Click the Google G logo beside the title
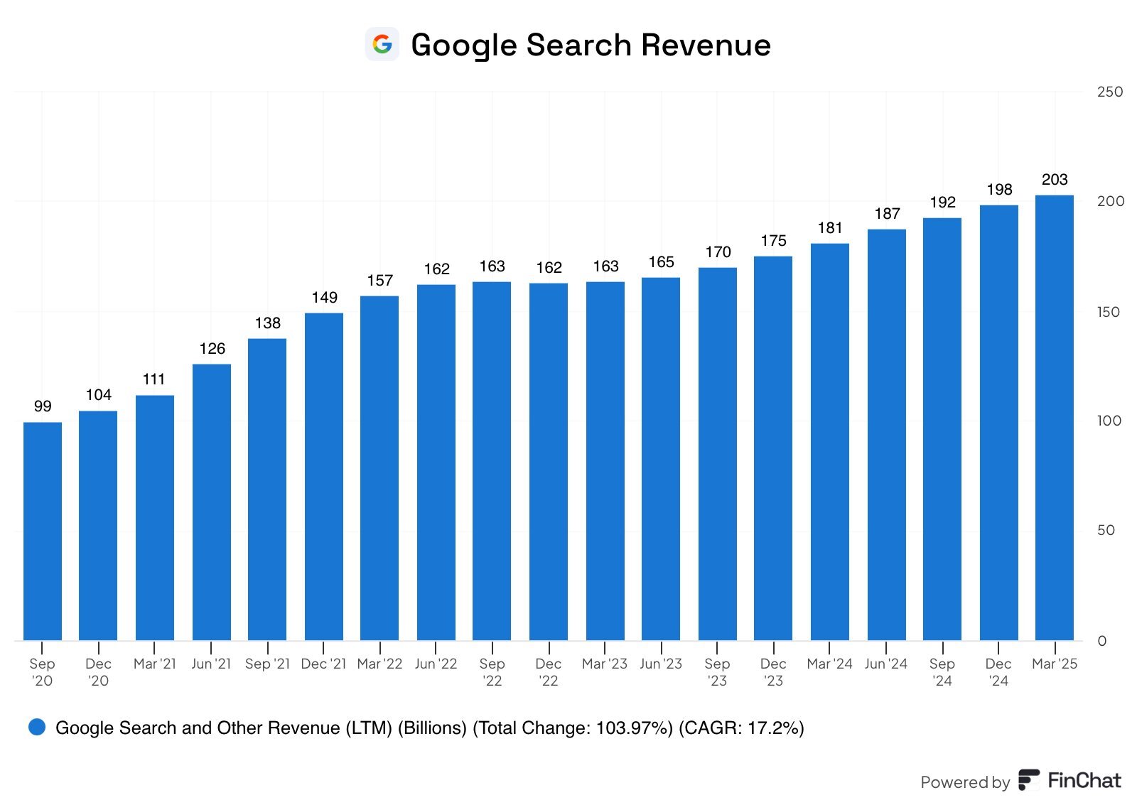[382, 45]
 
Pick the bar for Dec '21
[324, 476]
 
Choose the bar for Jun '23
[661, 458]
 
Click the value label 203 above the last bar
[1055, 180]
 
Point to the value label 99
[43, 406]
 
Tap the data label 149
[324, 298]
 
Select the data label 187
[887, 214]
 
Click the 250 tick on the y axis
[1109, 92]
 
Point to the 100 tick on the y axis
[1109, 421]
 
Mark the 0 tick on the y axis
[1102, 641]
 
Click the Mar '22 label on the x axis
[379, 664]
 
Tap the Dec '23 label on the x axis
[773, 672]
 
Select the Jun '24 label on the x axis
[886, 664]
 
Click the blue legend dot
[37, 727]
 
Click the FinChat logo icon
[1028, 780]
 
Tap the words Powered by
[964, 782]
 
